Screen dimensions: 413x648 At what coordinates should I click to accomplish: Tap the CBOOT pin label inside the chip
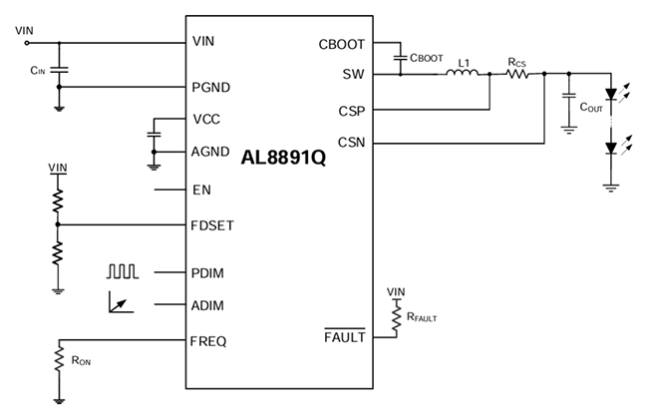tap(342, 44)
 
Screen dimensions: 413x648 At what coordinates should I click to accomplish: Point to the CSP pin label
tap(351, 110)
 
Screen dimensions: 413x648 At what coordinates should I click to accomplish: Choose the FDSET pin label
tap(213, 224)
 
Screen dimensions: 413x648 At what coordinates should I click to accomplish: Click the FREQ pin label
tap(209, 341)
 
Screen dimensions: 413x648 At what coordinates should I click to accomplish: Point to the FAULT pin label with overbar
tap(345, 337)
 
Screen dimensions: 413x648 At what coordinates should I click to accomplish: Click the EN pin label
tap(201, 190)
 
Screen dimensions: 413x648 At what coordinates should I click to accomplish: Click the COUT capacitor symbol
tap(569, 100)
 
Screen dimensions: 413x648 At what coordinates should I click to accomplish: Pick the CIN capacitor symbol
tap(59, 70)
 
